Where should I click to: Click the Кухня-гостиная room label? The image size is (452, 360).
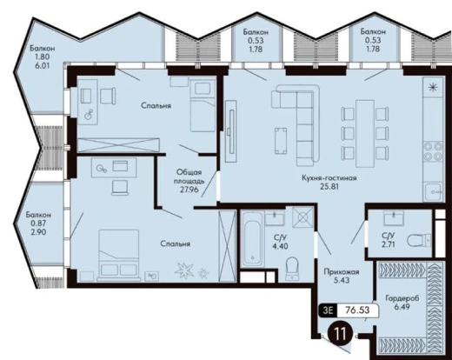[329, 177]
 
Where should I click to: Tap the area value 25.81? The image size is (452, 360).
[329, 187]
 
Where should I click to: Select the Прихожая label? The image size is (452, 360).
[342, 272]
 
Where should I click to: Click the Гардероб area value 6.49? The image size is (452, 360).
[402, 306]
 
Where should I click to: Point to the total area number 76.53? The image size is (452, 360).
[357, 310]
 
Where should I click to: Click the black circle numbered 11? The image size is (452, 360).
[340, 334]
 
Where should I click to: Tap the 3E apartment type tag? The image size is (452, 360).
[328, 310]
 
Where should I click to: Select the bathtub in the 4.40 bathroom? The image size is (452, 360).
[252, 239]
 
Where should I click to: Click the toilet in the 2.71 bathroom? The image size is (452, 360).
[419, 240]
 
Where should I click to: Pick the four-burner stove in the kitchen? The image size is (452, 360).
[433, 151]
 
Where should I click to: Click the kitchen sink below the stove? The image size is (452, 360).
[433, 192]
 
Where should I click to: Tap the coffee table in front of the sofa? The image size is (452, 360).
[281, 141]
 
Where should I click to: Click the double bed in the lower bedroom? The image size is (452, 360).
[119, 255]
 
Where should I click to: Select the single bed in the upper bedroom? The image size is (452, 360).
[203, 107]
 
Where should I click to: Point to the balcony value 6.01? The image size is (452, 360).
[43, 65]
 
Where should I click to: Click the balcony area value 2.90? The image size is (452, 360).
[38, 232]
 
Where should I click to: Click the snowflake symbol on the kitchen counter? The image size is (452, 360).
[433, 87]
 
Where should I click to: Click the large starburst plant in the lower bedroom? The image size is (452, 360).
[184, 270]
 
